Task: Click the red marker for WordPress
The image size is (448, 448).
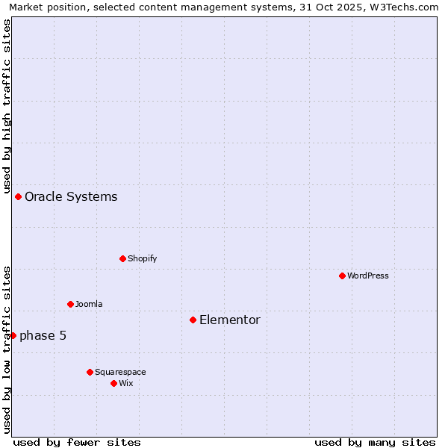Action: (342, 276)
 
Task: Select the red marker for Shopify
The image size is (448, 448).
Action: (122, 258)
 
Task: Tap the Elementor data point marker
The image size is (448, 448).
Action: (193, 320)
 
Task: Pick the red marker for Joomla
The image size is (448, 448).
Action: (70, 304)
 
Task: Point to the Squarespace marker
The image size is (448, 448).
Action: (90, 372)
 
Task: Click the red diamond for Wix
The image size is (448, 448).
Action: (113, 383)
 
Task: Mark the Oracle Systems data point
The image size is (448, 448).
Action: (18, 196)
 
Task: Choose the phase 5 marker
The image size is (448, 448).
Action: (13, 335)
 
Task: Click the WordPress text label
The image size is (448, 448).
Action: (368, 276)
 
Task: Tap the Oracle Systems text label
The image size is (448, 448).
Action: (71, 196)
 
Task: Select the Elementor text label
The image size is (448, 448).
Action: (230, 320)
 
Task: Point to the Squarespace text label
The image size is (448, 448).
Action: (120, 372)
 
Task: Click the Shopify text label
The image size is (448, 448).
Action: (142, 258)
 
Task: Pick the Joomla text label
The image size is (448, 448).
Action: (89, 304)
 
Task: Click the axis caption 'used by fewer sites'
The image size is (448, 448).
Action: (77, 442)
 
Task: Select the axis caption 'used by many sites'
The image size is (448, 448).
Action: (375, 442)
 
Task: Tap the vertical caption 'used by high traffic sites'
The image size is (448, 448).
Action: (7, 105)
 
